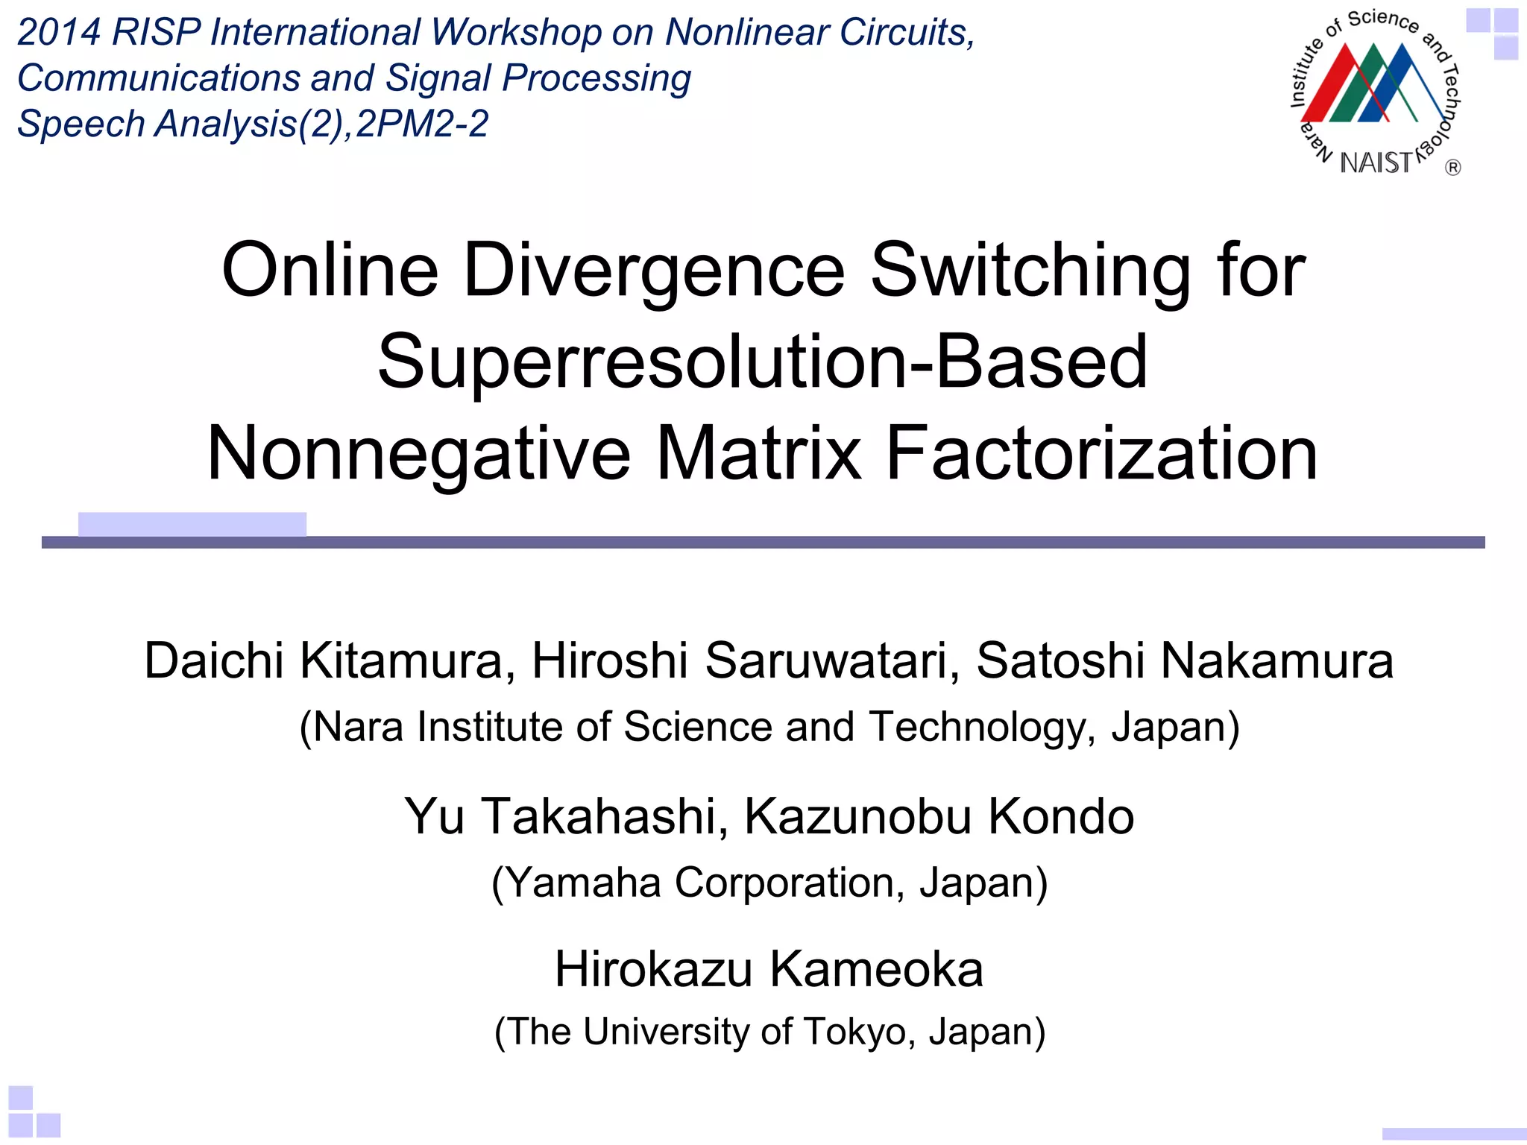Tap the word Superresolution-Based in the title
coord(762,362)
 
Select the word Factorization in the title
coord(1101,454)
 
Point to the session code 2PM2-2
coord(422,124)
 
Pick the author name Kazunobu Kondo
coord(939,816)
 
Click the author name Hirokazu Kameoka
coord(769,970)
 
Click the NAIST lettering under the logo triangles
coord(1376,163)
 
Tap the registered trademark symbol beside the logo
coord(1452,168)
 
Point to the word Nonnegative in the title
coord(418,454)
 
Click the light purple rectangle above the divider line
coord(192,523)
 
